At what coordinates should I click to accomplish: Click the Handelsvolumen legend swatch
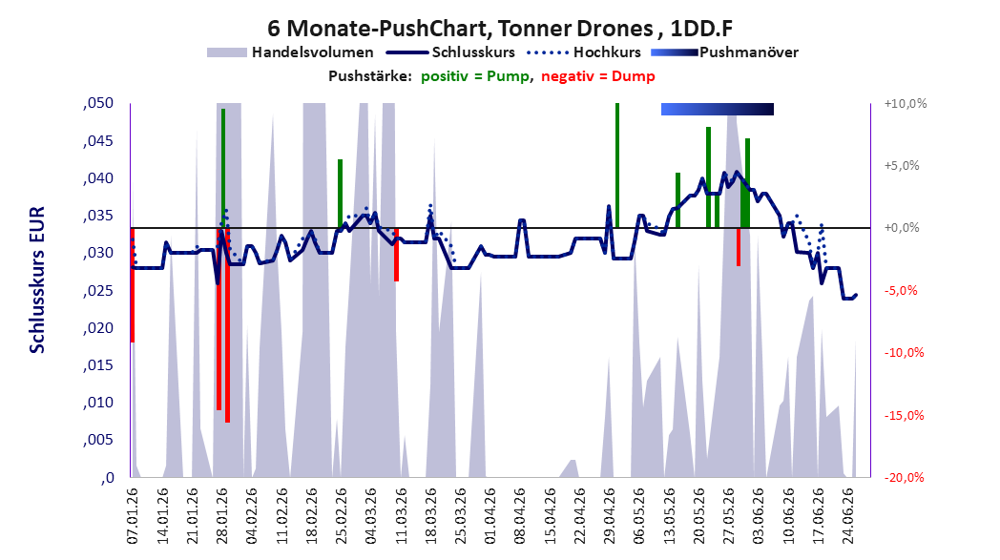point(226,52)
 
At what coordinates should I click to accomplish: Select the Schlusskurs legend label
point(473,52)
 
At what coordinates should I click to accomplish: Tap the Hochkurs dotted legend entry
point(607,52)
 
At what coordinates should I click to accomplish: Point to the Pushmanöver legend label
point(749,52)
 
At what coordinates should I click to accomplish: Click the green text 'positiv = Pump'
point(475,76)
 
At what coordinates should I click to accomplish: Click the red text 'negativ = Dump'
point(598,76)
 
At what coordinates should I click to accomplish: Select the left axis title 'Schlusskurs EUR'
point(37,280)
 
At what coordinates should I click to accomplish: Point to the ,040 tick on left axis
point(98,178)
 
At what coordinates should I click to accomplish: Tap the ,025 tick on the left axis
point(98,290)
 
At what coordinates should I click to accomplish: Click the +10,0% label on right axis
point(906,103)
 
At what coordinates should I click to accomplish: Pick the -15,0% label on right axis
point(904,415)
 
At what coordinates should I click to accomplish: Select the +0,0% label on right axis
point(902,228)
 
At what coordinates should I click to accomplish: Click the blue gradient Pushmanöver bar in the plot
point(718,109)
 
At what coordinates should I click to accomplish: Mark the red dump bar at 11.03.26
point(396,255)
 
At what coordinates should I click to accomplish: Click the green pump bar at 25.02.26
point(341,194)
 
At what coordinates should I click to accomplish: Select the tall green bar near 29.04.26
point(617,165)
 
